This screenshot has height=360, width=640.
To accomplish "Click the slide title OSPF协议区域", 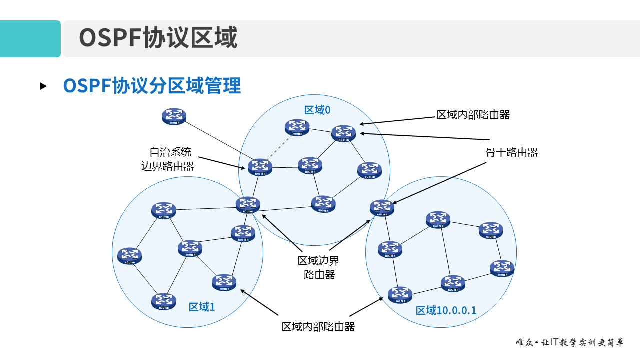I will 158,38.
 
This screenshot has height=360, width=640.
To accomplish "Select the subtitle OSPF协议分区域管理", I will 152,86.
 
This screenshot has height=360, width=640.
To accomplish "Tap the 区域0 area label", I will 317,110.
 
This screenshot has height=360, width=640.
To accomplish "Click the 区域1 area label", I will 202,307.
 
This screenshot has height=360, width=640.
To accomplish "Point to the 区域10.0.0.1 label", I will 446,310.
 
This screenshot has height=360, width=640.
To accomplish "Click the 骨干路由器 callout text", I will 511,153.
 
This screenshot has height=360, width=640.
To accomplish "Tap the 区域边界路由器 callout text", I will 319,267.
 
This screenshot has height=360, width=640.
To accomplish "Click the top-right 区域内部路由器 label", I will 473,115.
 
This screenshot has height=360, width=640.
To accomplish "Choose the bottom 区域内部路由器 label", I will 318,327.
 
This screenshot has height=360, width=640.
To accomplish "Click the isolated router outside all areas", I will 174,116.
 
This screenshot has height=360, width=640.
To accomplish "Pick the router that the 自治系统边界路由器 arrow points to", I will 260,167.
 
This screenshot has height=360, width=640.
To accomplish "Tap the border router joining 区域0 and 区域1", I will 248,204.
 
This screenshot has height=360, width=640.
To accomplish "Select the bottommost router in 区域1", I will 164,301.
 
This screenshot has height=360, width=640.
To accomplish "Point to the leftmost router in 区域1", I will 130,255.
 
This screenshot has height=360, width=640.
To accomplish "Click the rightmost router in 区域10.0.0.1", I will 502,268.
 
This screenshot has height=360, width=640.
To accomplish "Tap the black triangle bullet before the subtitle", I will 43,86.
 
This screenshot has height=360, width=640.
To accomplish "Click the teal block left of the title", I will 30,39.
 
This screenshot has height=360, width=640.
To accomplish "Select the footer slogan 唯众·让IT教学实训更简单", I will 570,343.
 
